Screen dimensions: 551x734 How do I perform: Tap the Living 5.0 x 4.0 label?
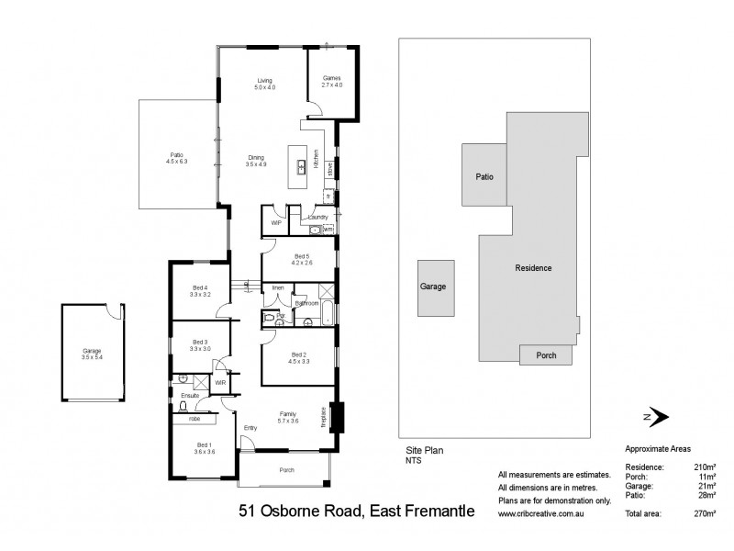pos(264,84)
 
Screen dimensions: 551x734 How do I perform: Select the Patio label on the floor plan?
pos(176,158)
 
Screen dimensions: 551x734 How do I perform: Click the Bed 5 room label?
pos(303,259)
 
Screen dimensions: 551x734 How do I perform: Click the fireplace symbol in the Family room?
pos(336,417)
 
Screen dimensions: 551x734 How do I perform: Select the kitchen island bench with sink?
pos(300,168)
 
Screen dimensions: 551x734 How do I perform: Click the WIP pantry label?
pos(274,222)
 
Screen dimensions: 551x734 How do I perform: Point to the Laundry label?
pos(317,217)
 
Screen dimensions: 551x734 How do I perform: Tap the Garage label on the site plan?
pos(433,287)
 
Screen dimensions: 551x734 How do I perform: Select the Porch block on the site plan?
pos(546,354)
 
